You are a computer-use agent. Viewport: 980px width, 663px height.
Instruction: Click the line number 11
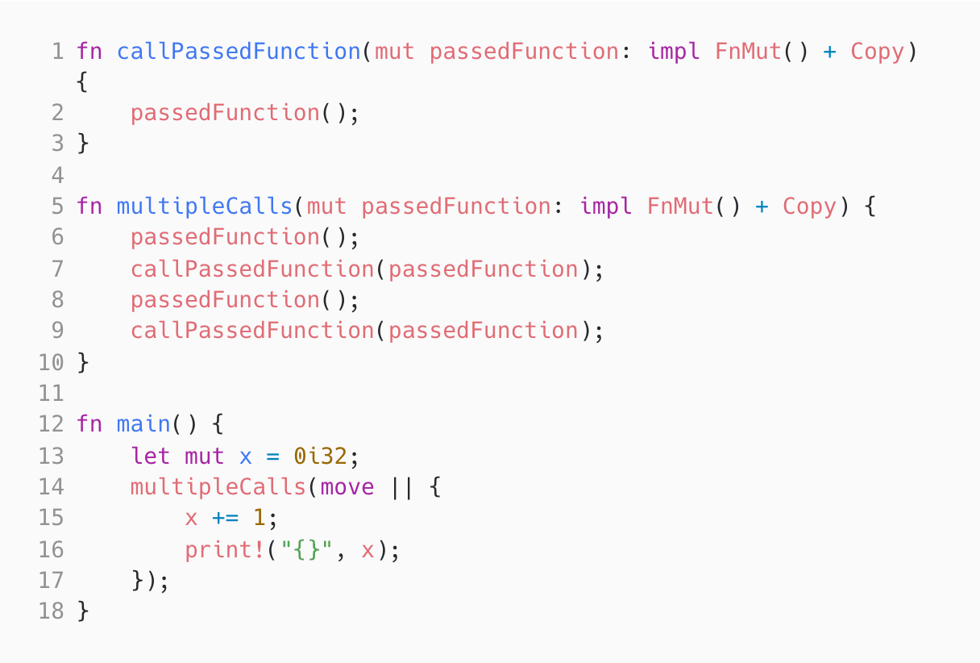tap(51, 394)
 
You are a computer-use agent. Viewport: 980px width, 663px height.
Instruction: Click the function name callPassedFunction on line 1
tap(239, 52)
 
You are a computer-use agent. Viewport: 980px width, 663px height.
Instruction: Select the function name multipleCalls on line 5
tap(205, 206)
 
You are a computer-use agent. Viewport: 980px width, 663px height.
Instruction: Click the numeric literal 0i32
tap(320, 456)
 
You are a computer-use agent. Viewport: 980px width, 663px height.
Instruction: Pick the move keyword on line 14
tap(347, 487)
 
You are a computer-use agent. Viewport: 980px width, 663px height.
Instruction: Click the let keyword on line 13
tap(151, 456)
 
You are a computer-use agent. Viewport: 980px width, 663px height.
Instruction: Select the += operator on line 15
tap(225, 518)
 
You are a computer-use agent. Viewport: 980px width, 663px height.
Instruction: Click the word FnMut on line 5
tap(681, 206)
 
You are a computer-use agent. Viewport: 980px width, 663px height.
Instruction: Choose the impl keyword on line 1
tap(675, 52)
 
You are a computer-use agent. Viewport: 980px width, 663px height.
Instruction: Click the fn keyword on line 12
tap(89, 424)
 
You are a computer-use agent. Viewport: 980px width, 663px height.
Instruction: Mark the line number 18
tap(51, 611)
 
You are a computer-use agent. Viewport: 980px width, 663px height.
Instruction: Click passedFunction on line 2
tap(225, 113)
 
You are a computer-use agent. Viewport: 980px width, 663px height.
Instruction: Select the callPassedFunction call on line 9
tap(252, 331)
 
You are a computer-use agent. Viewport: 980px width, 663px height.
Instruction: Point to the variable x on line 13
tap(246, 456)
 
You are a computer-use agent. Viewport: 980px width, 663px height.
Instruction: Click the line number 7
tap(56, 269)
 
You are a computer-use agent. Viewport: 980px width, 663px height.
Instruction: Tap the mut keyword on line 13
tap(205, 456)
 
